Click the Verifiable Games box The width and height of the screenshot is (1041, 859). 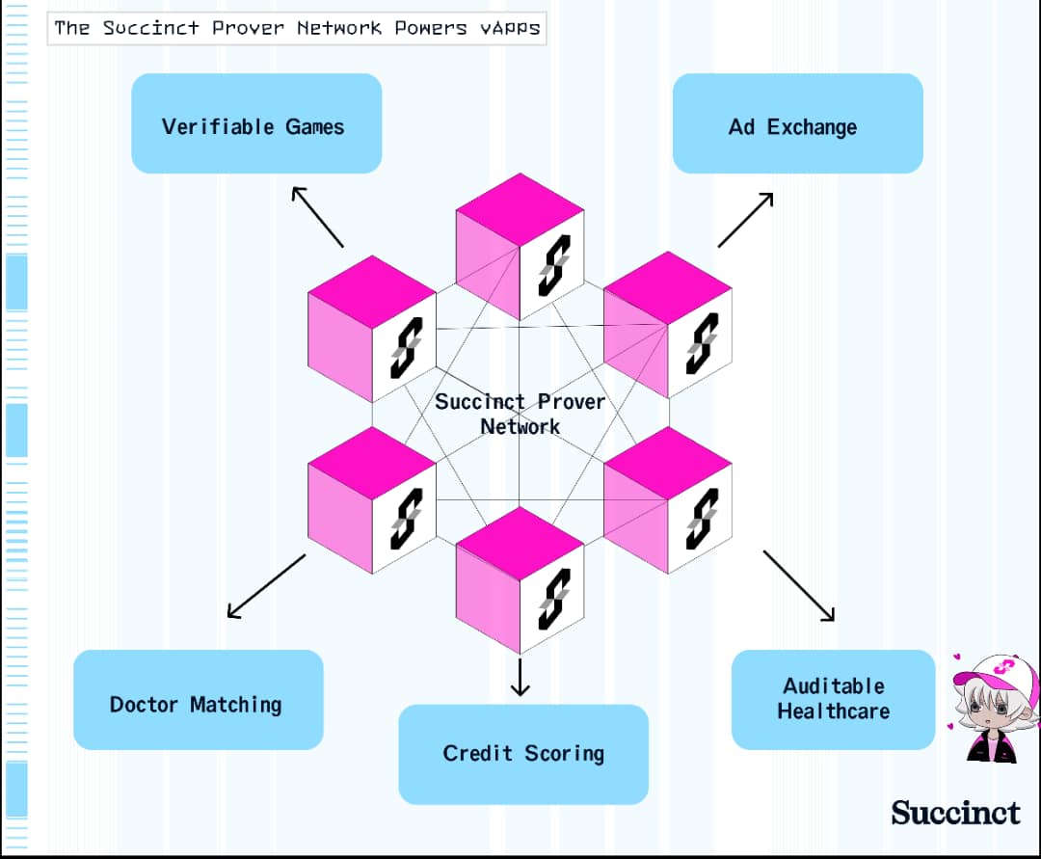tap(256, 123)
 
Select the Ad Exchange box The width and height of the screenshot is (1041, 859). tap(797, 123)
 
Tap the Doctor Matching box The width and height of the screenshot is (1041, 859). tap(198, 700)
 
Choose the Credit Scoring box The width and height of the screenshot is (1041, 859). tap(523, 754)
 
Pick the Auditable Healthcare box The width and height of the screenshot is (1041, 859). tap(833, 700)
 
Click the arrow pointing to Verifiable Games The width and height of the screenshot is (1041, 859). tap(317, 217)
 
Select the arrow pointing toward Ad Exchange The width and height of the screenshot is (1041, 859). tap(745, 220)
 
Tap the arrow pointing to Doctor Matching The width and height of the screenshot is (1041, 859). tap(266, 586)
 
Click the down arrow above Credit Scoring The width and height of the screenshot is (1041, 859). tap(520, 677)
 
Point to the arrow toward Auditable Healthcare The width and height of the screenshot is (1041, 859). tap(799, 585)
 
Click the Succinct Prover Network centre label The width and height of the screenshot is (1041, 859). tap(520, 414)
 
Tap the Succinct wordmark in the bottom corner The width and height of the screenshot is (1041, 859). tap(955, 813)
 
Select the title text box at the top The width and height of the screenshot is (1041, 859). tap(297, 28)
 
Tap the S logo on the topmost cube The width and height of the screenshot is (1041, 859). tap(554, 265)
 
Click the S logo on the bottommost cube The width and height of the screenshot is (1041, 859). tap(554, 599)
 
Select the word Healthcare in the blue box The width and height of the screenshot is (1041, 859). tap(833, 711)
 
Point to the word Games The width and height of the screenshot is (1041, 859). tap(314, 127)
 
